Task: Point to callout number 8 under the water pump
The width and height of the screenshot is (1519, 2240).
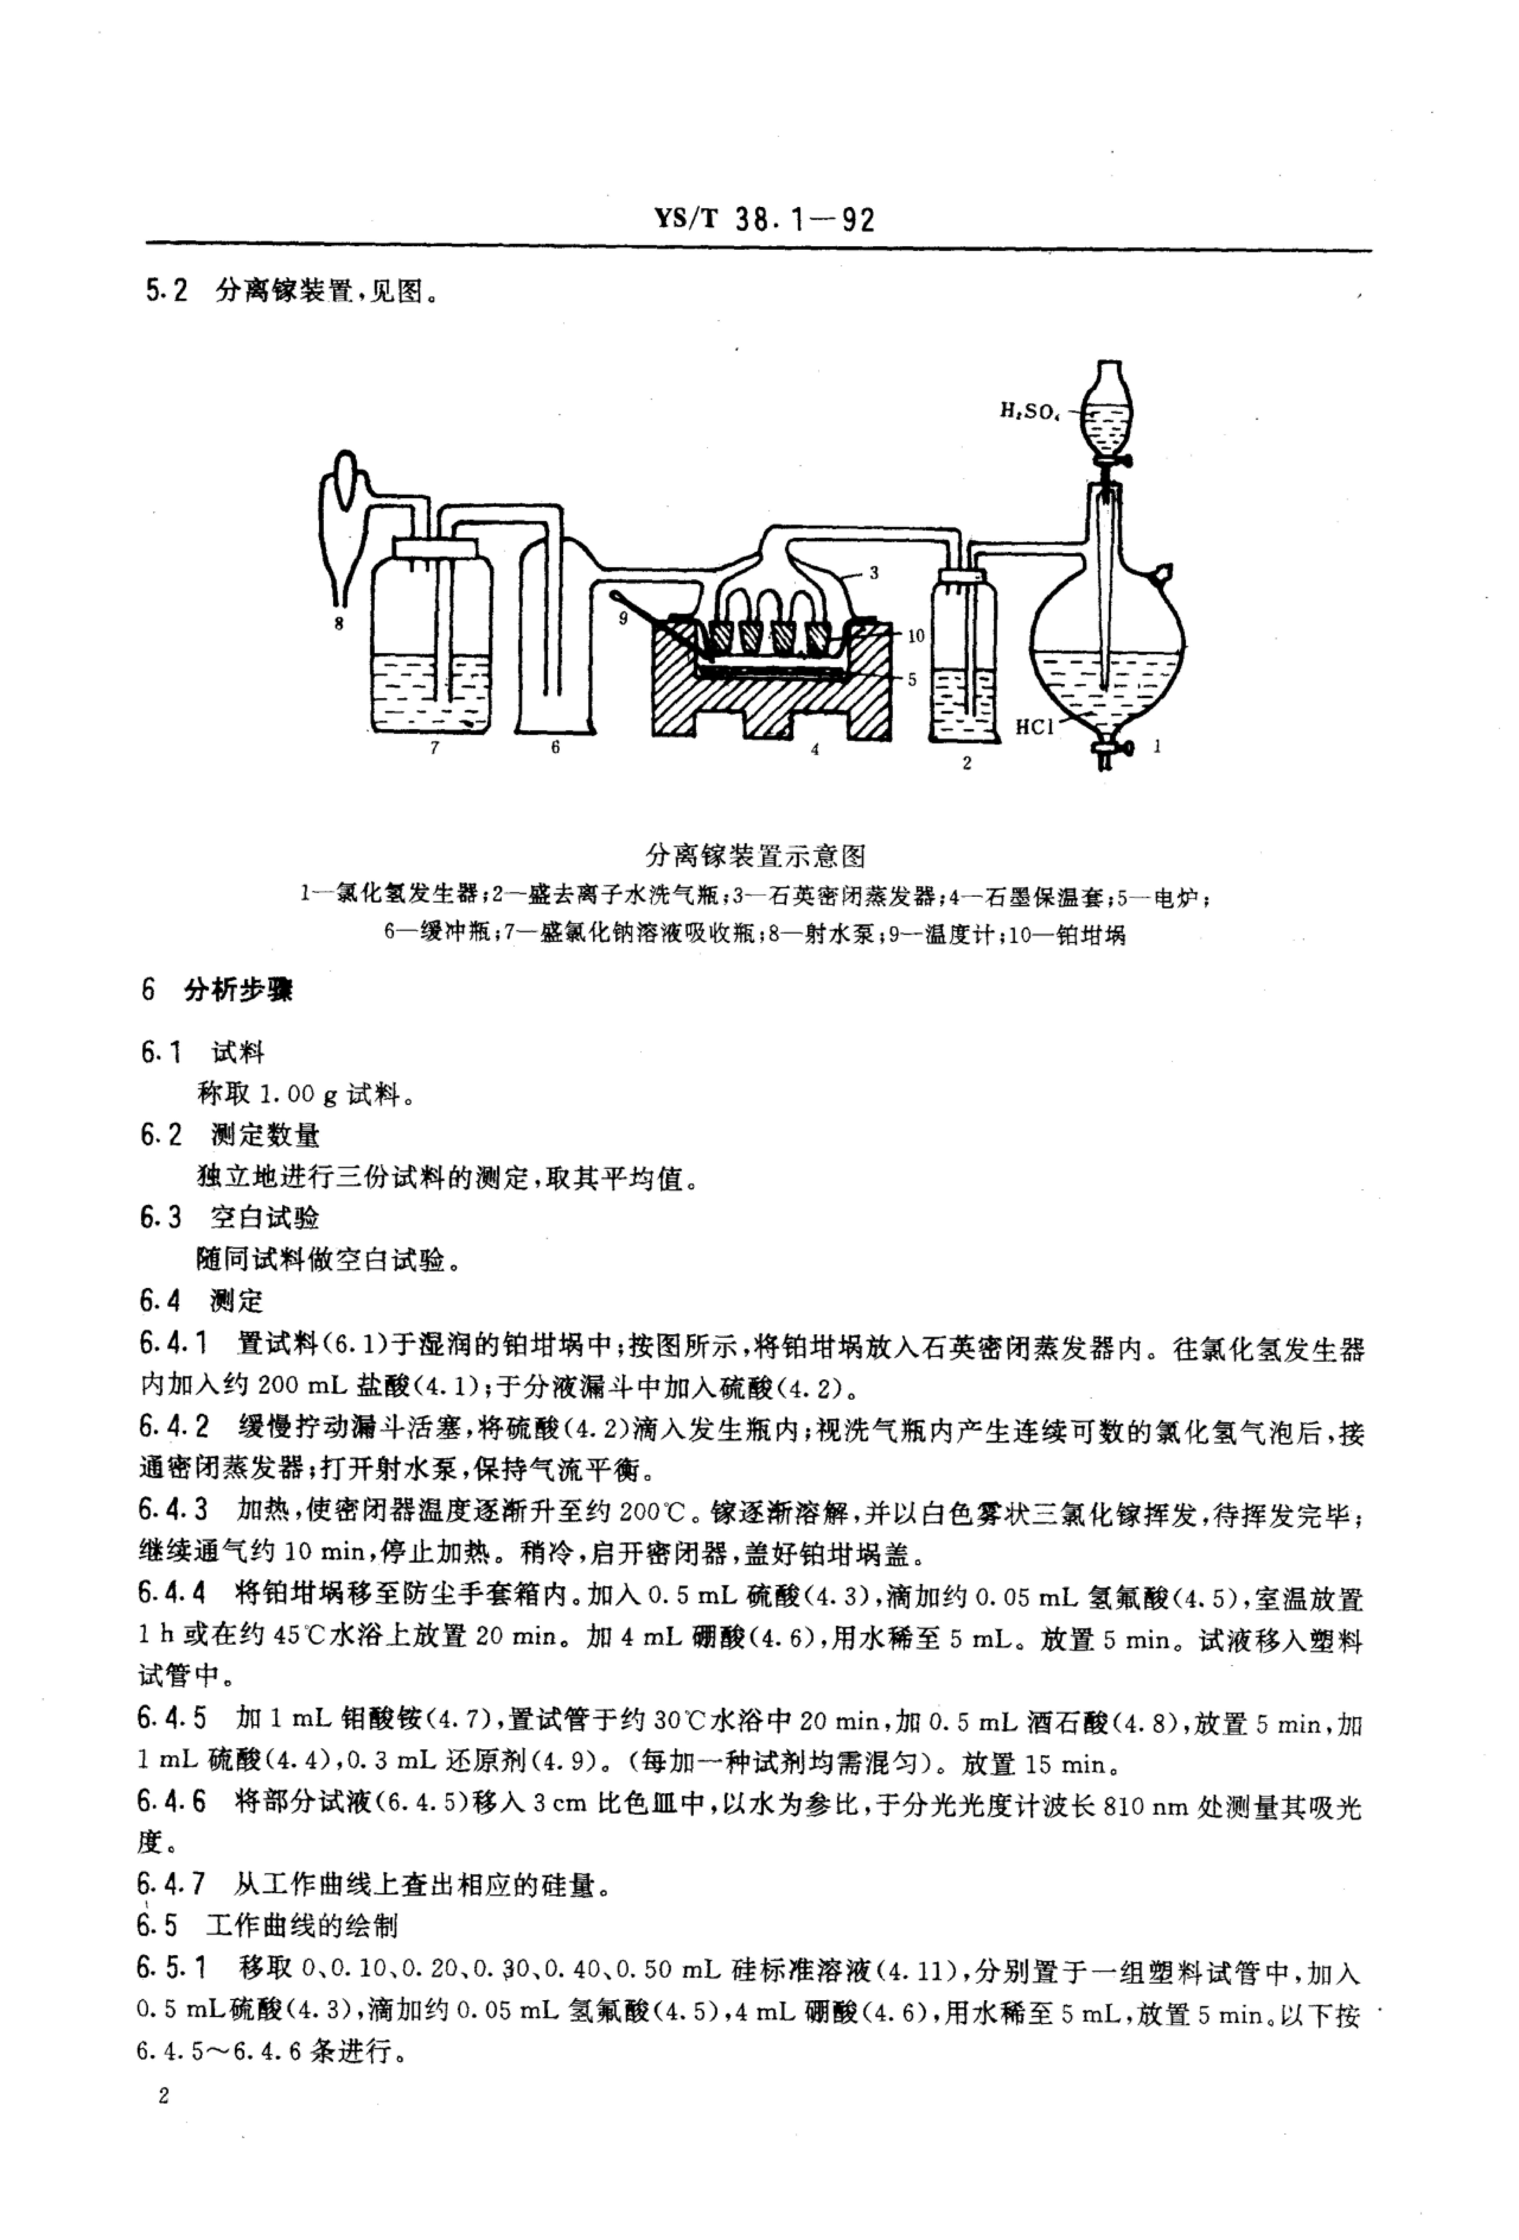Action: [338, 624]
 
